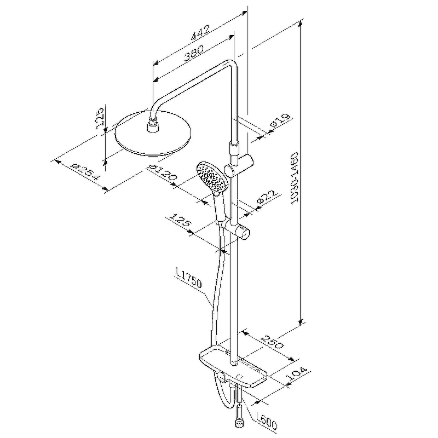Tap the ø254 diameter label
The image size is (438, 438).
[85, 171]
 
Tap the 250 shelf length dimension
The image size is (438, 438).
[271, 343]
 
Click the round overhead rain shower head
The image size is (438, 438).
[153, 133]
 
